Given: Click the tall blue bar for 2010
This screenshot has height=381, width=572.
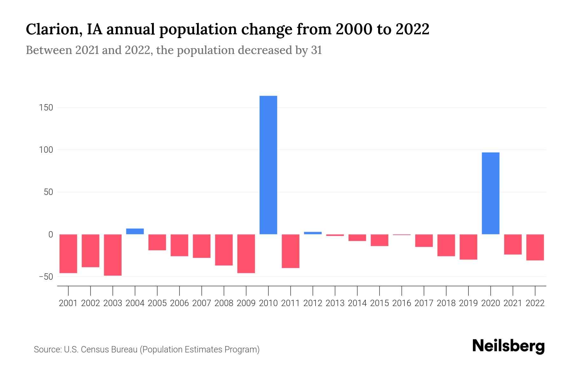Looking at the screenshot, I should tap(268, 165).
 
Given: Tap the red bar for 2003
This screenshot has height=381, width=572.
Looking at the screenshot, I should tap(113, 255).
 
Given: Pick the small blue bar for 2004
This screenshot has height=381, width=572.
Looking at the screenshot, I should tap(135, 231).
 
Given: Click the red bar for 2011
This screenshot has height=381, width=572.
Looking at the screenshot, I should tap(290, 251).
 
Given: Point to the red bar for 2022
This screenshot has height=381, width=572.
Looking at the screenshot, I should tap(535, 247).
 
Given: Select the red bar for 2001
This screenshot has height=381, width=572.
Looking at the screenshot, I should tap(68, 253).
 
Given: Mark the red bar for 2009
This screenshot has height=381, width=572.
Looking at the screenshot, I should tap(246, 253).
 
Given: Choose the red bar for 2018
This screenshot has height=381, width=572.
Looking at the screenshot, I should tap(446, 245).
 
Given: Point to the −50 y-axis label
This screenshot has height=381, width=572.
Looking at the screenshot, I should tap(46, 277).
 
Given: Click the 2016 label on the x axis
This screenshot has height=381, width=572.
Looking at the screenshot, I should tap(402, 303).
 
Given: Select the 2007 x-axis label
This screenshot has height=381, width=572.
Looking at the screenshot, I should tap(201, 303).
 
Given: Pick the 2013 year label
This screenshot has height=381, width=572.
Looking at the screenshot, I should tap(335, 303).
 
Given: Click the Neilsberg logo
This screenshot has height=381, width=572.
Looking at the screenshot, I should tap(508, 346).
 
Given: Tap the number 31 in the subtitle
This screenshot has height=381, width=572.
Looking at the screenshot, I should tap(316, 50).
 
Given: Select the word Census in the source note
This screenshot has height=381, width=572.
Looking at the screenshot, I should tap(94, 350).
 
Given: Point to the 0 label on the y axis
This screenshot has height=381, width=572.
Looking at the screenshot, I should tap(51, 234).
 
